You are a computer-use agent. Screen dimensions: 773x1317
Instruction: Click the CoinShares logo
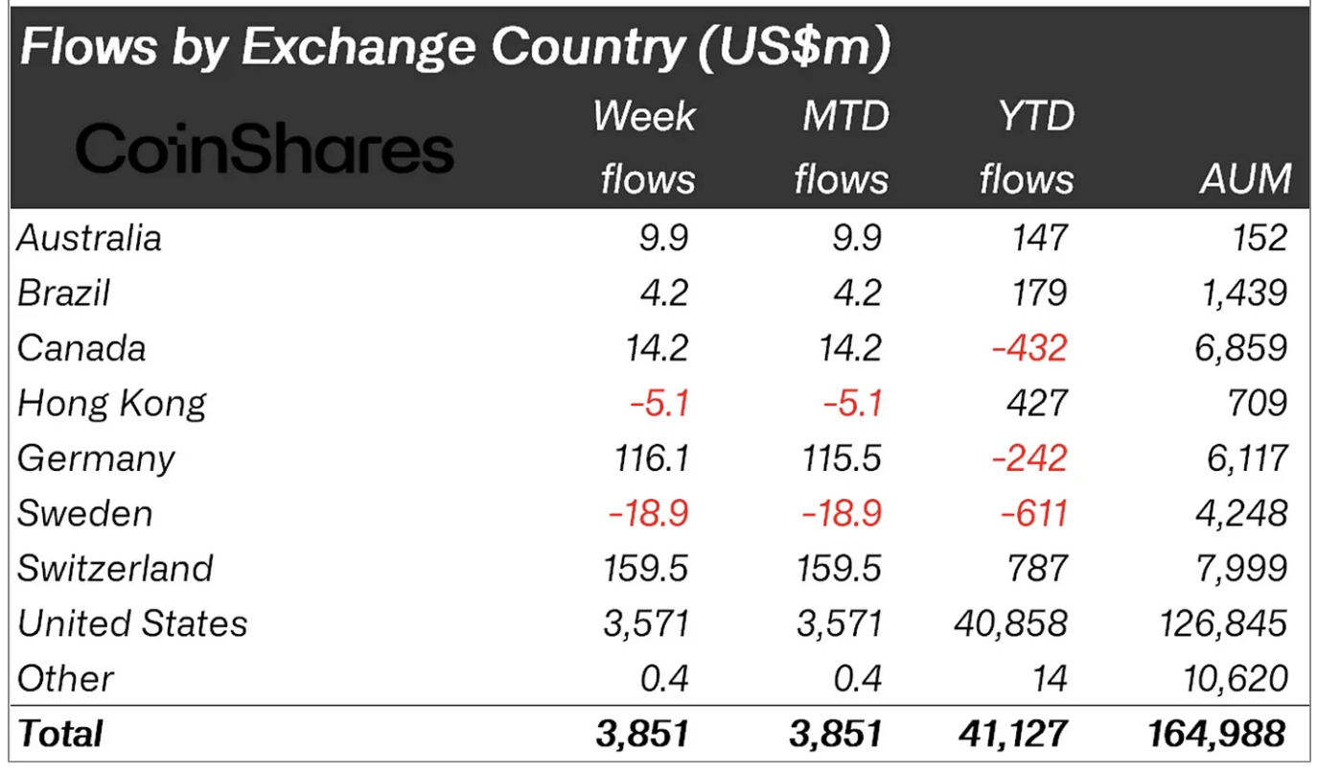pyautogui.click(x=264, y=151)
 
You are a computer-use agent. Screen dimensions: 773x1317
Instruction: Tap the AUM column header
pyautogui.click(x=1245, y=179)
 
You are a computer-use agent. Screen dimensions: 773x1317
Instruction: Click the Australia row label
pyautogui.click(x=89, y=238)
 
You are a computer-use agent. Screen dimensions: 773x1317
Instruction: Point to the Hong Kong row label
pyautogui.click(x=111, y=403)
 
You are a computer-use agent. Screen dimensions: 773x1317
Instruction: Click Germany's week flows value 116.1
pyautogui.click(x=649, y=457)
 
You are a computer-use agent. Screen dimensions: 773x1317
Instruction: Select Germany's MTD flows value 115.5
pyautogui.click(x=842, y=457)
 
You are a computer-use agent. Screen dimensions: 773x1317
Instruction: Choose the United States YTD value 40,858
pyautogui.click(x=1010, y=623)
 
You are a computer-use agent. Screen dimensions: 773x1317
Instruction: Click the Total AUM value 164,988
pyautogui.click(x=1216, y=734)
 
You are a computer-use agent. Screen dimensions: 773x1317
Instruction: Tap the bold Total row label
pyautogui.click(x=59, y=734)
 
